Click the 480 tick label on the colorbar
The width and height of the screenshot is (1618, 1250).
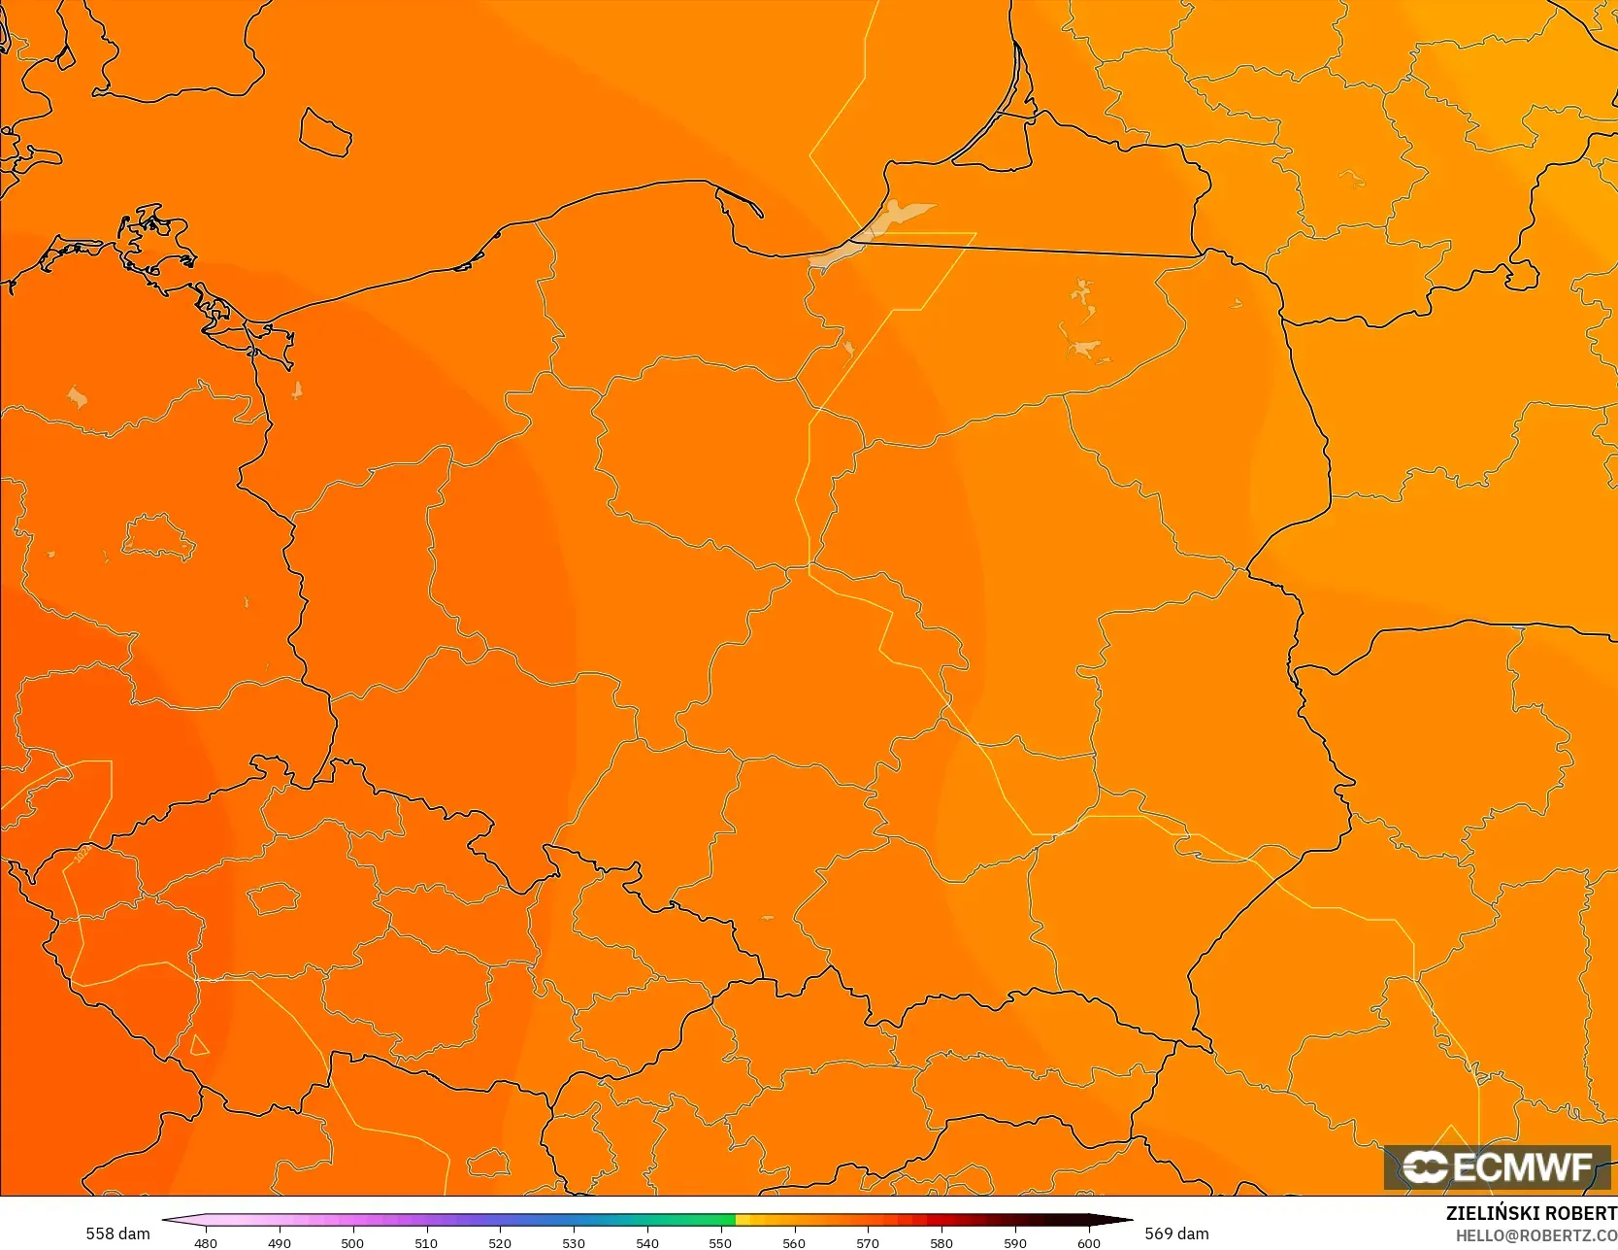click(206, 1242)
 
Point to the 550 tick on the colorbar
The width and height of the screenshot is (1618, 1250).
click(720, 1242)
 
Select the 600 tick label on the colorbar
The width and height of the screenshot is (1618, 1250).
click(1089, 1242)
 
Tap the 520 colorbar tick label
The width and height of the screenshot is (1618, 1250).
click(500, 1242)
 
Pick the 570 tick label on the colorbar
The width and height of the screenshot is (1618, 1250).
click(868, 1242)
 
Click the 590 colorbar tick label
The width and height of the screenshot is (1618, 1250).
click(1015, 1242)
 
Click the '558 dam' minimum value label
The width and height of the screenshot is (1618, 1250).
click(117, 1233)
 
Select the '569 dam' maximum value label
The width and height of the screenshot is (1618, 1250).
click(1176, 1233)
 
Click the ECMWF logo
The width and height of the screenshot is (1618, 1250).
click(1497, 1166)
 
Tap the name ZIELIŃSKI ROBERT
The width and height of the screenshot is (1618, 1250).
click(1531, 1213)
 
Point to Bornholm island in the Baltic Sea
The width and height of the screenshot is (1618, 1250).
click(324, 132)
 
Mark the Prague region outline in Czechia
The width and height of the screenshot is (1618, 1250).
click(273, 897)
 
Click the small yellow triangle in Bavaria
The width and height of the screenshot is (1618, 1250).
click(199, 1046)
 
